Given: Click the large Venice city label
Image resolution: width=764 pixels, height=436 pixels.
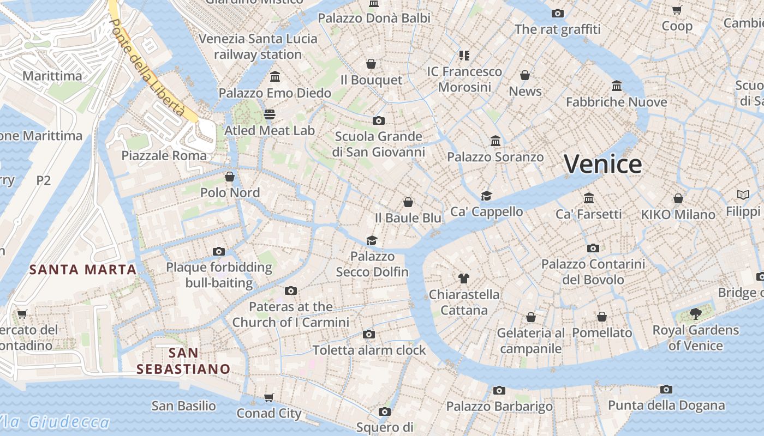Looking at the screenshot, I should [602, 163].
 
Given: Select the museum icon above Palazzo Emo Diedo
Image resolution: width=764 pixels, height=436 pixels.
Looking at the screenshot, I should [275, 76].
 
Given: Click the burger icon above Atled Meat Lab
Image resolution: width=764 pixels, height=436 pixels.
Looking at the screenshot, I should [270, 114].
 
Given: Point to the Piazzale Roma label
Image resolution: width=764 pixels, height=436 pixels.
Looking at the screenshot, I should [164, 155].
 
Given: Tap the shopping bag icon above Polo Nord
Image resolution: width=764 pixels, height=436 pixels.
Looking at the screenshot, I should [230, 177].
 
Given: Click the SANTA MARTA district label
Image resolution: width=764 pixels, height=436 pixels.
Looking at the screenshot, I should [83, 269].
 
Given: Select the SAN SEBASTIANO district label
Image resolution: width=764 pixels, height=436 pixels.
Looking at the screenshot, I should [183, 361].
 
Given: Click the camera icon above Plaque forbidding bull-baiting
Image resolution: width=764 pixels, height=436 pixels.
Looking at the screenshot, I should [219, 251].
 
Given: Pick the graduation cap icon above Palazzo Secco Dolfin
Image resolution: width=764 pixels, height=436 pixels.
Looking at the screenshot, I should [372, 240].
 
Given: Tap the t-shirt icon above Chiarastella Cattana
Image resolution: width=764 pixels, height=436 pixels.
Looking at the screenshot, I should [464, 278].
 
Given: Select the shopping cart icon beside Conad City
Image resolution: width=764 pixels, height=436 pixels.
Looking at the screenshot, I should [268, 397].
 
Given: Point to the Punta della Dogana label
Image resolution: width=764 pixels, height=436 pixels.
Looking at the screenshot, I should [666, 405].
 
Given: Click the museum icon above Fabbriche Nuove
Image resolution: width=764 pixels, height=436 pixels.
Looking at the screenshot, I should [617, 86].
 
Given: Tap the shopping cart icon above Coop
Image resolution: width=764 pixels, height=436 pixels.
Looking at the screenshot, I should [677, 10].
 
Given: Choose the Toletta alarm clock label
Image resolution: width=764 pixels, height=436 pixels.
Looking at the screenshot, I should [369, 350].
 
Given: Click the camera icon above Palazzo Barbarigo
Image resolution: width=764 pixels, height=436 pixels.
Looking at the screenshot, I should [499, 390].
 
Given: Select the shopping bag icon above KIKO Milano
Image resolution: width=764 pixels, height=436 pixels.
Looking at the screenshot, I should [678, 198].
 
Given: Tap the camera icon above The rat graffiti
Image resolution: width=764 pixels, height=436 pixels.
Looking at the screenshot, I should [557, 13].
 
